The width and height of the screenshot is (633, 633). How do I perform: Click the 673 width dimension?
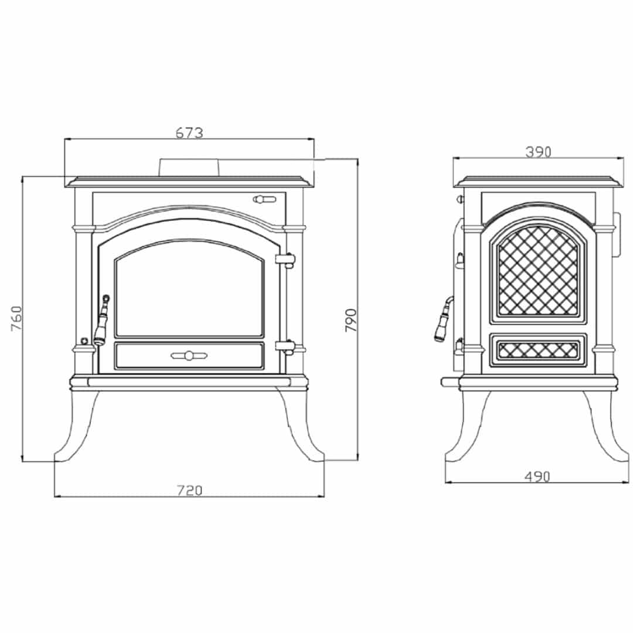189,132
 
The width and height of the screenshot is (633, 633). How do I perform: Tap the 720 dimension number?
189,490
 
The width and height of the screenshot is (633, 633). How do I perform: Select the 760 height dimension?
16,318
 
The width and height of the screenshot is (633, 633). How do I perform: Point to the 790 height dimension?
351,320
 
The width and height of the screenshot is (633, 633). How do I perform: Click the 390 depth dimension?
538,152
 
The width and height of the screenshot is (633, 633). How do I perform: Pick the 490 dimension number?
537,477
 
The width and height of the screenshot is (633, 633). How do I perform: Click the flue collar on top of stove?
189,168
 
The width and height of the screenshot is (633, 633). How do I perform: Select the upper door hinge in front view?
285,260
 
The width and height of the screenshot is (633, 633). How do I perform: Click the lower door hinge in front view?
285,346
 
